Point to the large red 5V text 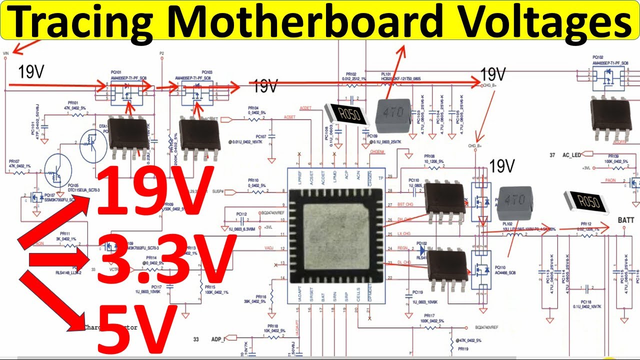click(135, 327)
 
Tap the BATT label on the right click(626, 220)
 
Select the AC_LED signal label click(571, 155)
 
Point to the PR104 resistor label click(253, 108)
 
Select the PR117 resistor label click(429, 316)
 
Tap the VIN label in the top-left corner click(6, 52)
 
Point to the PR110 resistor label click(253, 180)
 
